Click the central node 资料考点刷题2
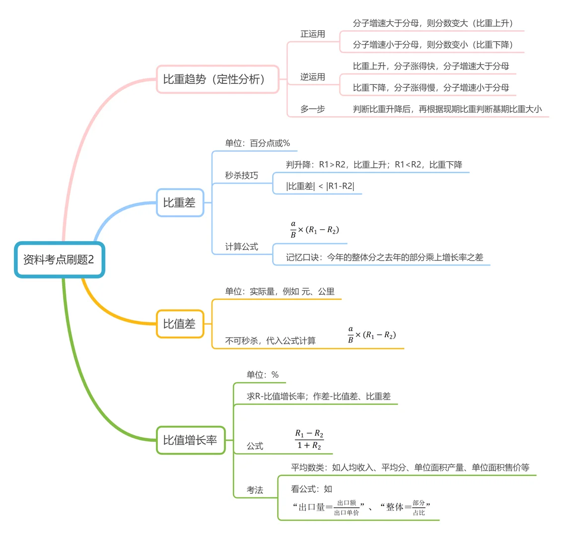[x=59, y=260]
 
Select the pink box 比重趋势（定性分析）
[x=217, y=79]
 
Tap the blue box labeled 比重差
[x=180, y=202]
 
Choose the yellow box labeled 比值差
[x=180, y=324]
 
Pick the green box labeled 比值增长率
[x=191, y=440]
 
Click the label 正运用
[x=313, y=34]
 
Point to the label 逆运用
[x=313, y=77]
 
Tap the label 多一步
[x=313, y=109]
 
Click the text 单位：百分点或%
[x=257, y=143]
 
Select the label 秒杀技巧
[x=242, y=176]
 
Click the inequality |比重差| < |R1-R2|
[x=320, y=186]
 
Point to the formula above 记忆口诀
[x=315, y=230]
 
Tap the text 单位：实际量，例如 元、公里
[x=280, y=292]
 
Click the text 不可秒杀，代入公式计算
[x=270, y=340]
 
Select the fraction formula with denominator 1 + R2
[x=309, y=439]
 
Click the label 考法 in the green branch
[x=255, y=490]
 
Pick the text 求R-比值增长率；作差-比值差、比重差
[x=318, y=397]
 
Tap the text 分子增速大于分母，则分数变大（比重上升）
[x=433, y=23]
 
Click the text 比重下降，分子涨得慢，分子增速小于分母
[x=431, y=88]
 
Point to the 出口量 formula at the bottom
[x=329, y=507]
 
